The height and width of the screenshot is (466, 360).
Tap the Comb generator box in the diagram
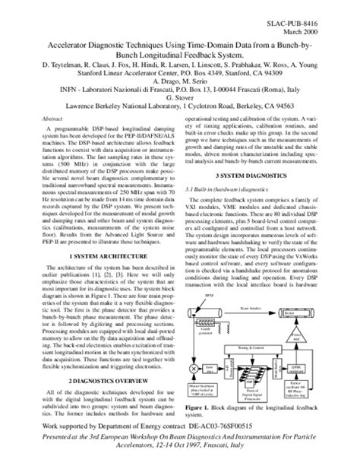207,328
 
